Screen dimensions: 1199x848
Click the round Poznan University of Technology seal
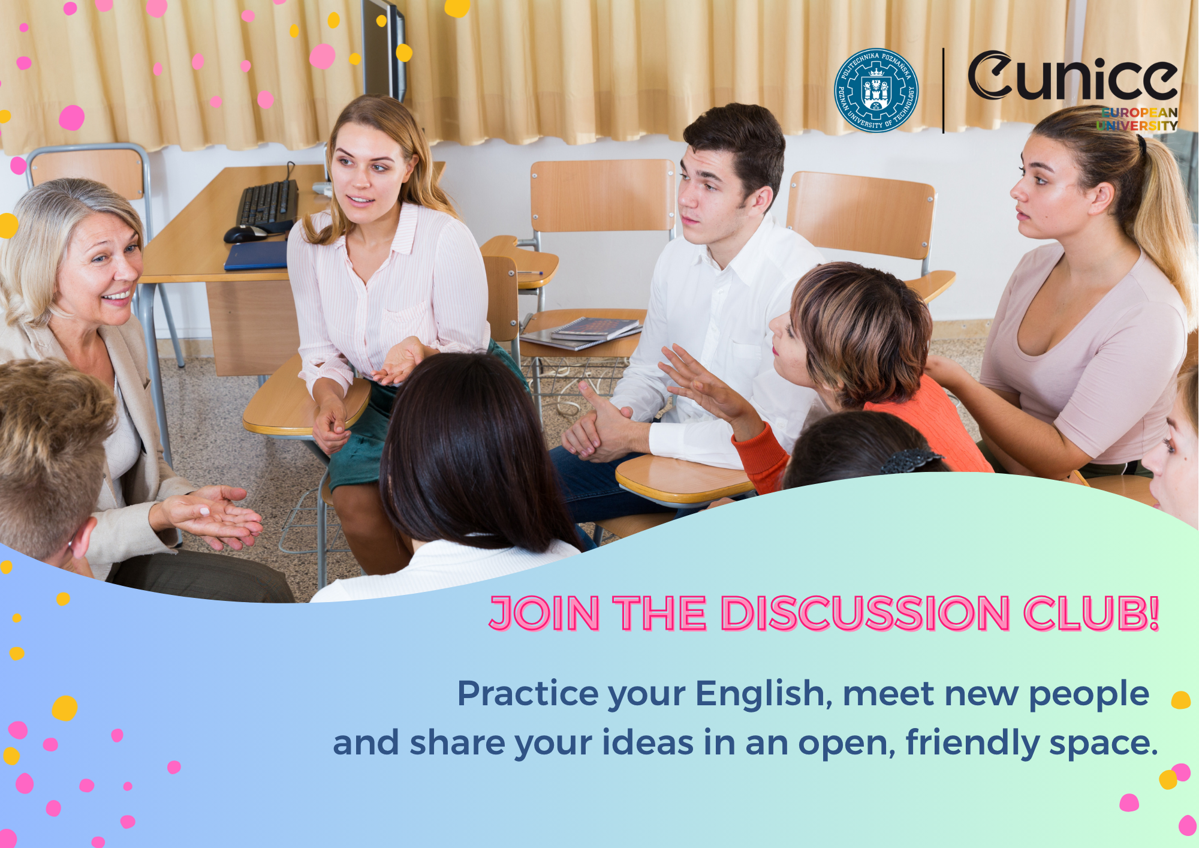tap(876, 91)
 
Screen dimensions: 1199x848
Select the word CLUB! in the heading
tap(1092, 614)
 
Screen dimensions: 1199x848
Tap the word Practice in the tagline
tap(528, 693)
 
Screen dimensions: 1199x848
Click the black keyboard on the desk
tap(267, 203)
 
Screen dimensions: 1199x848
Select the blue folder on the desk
tap(256, 256)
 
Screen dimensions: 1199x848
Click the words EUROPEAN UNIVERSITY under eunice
tap(1137, 119)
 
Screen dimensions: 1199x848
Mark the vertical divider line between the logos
tap(944, 91)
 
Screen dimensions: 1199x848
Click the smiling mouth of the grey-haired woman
tap(118, 296)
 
